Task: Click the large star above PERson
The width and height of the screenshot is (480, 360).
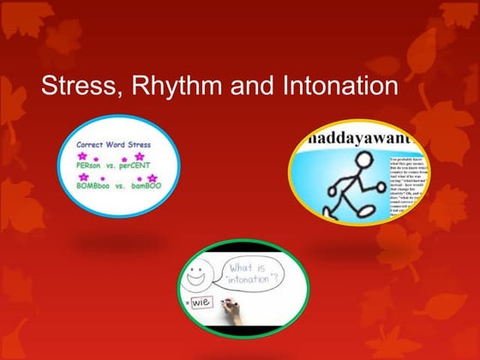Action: [x=83, y=157]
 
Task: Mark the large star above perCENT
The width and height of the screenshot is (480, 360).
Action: [x=140, y=157]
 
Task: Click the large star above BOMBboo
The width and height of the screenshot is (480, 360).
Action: [x=83, y=177]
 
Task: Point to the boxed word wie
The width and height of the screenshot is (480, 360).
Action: [x=202, y=302]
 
